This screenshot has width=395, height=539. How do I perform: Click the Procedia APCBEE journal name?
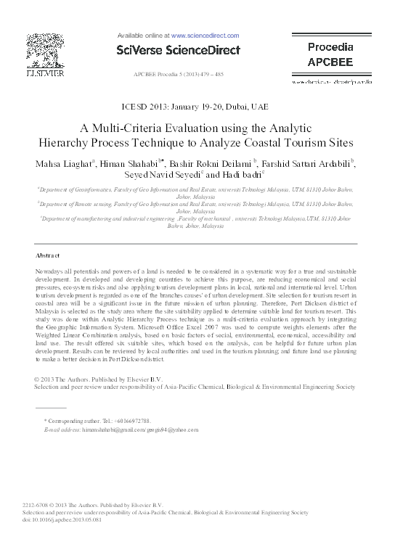[330, 54]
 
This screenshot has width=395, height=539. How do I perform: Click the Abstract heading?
[49, 255]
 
